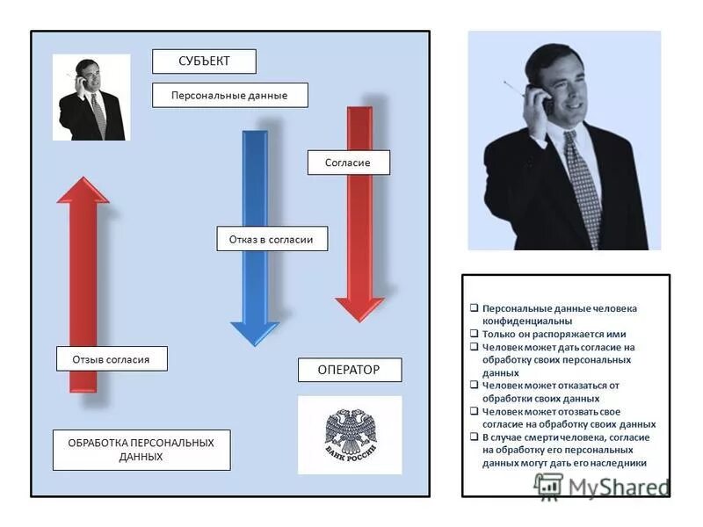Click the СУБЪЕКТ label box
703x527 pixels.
pyautogui.click(x=204, y=61)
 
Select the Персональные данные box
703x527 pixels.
pyautogui.click(x=229, y=95)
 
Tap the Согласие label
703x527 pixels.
pyautogui.click(x=348, y=162)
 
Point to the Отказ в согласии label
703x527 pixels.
pyautogui.click(x=272, y=239)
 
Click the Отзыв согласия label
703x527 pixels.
pyautogui.click(x=111, y=359)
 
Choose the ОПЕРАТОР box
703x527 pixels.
pyautogui.click(x=349, y=370)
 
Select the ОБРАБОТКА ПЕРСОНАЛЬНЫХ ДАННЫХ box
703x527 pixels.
pyautogui.click(x=141, y=450)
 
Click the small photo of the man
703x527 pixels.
pyautogui.click(x=91, y=97)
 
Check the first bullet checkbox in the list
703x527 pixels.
pyautogui.click(x=474, y=308)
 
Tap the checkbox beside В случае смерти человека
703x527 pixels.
pyautogui.click(x=474, y=437)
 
